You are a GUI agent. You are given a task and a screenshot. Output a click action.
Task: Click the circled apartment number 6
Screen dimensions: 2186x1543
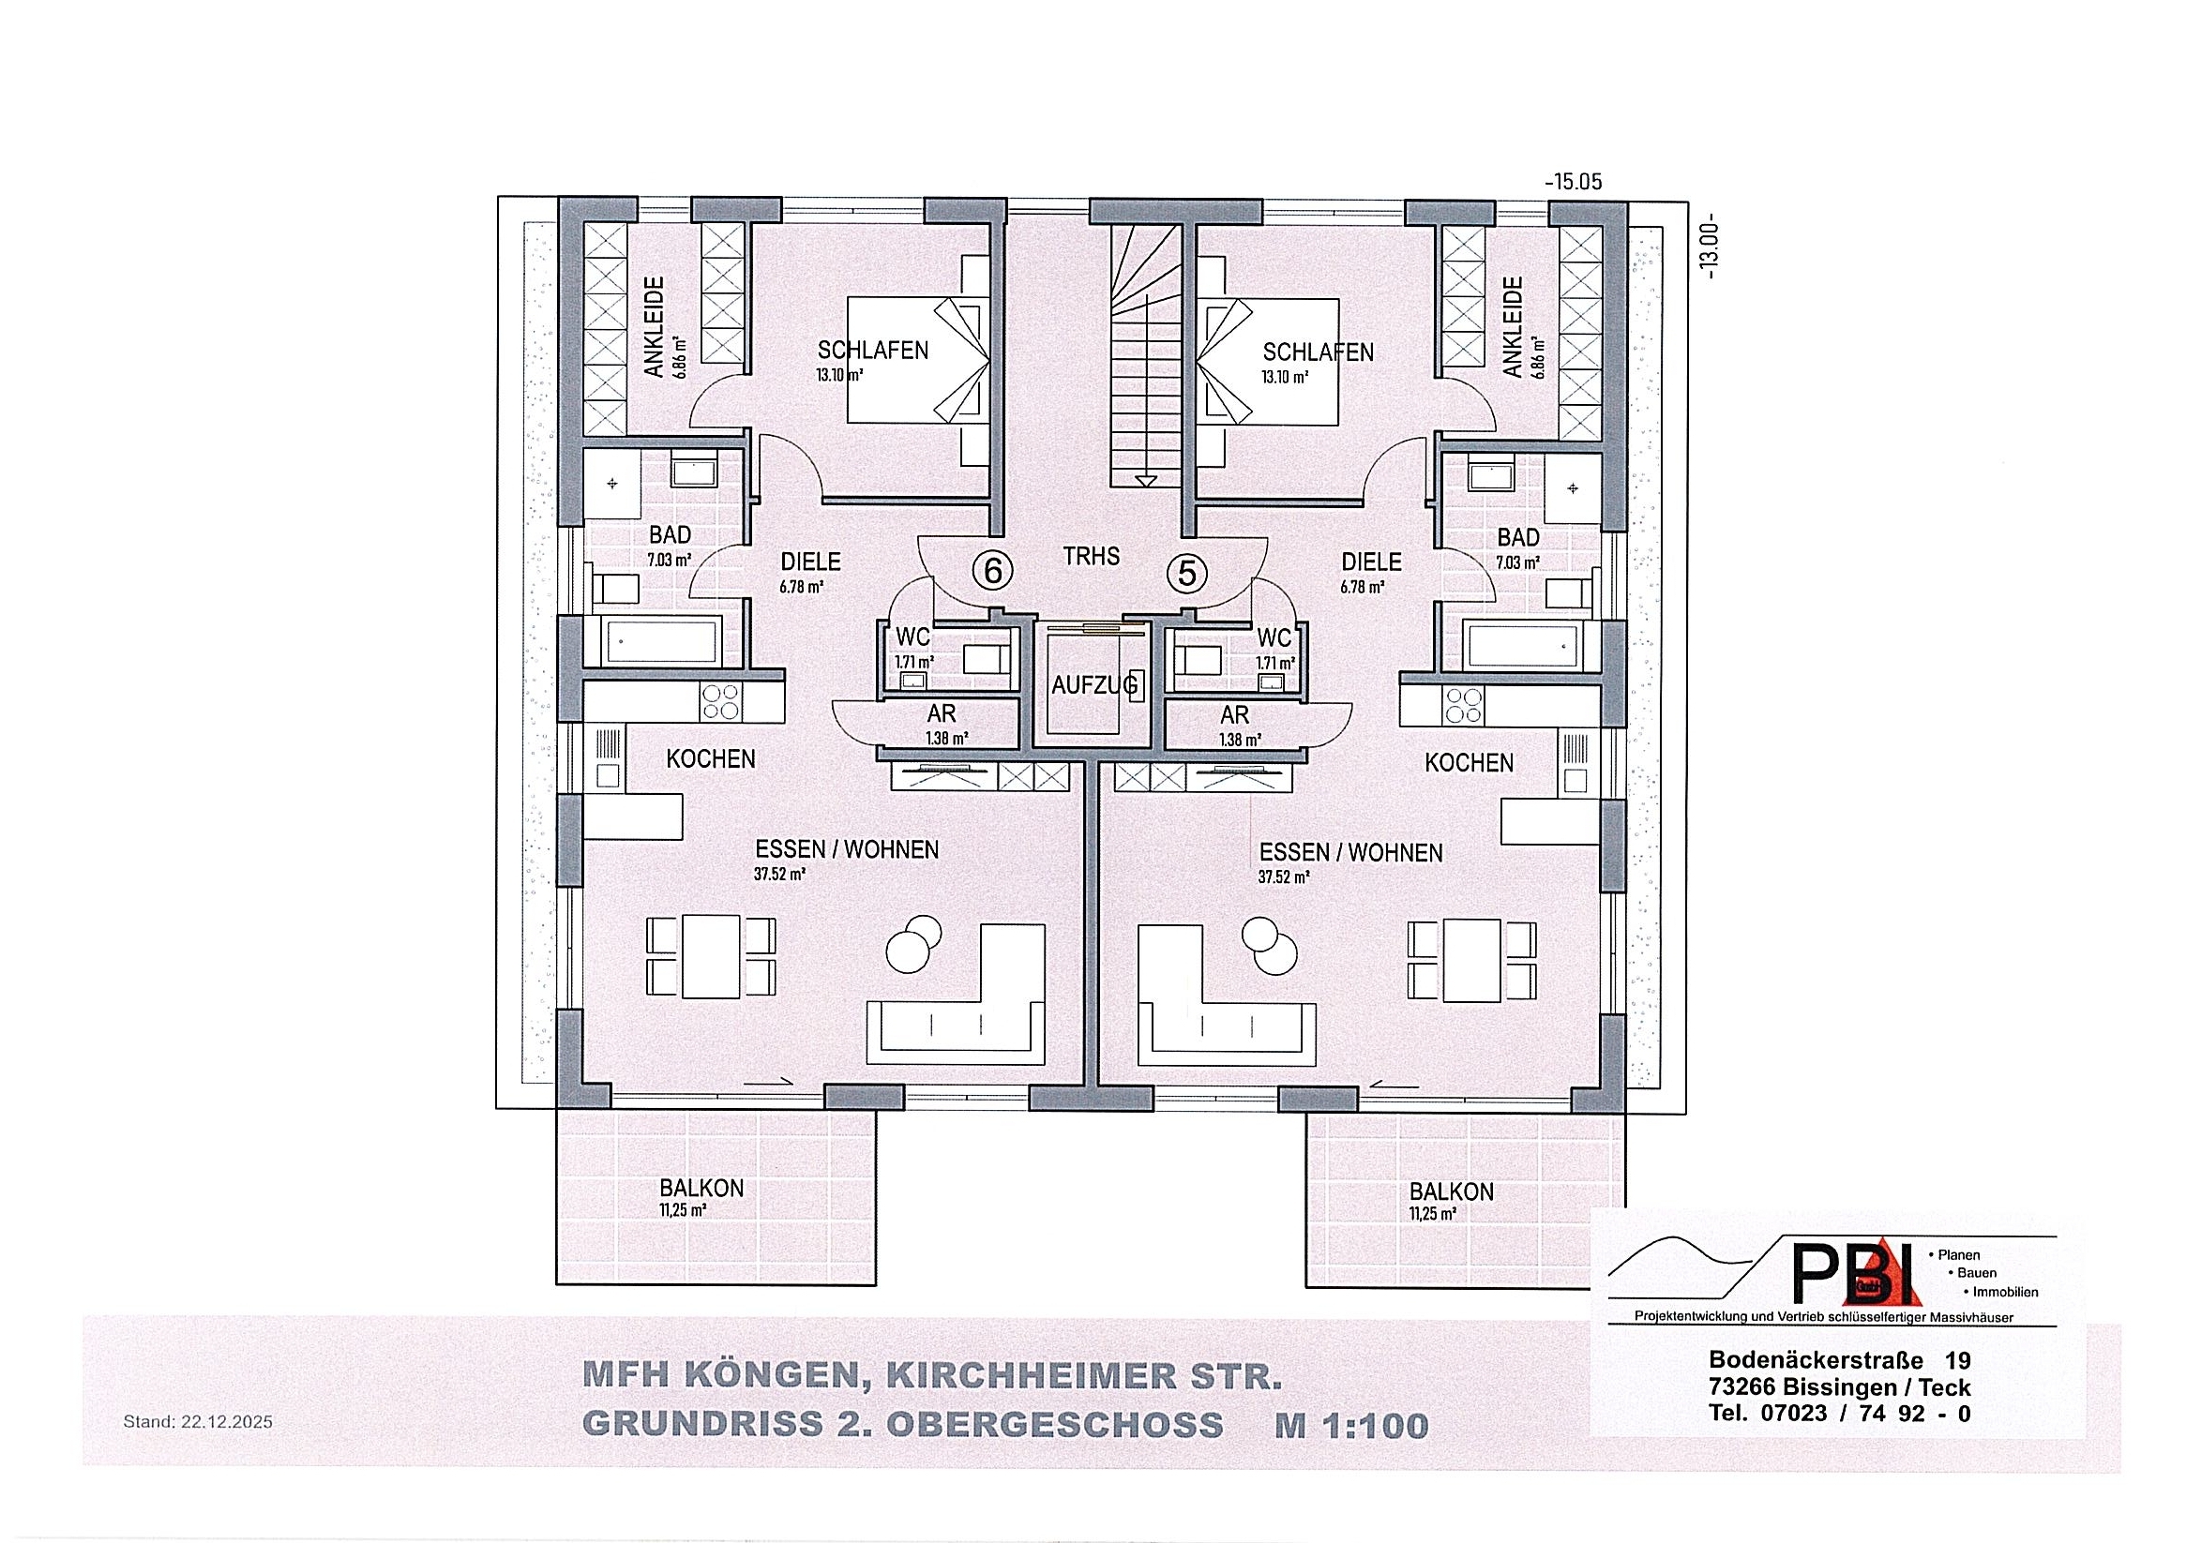[992, 572]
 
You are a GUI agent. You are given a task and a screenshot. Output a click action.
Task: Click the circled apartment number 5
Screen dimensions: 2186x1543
[1187, 573]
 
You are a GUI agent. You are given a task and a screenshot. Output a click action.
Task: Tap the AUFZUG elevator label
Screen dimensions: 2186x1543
[1095, 684]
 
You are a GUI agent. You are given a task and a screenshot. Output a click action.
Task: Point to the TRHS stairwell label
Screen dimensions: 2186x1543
[1091, 556]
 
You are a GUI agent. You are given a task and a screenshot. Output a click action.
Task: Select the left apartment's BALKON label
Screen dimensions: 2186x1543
[701, 1188]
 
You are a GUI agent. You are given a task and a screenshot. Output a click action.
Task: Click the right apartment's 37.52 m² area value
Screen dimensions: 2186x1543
[1284, 877]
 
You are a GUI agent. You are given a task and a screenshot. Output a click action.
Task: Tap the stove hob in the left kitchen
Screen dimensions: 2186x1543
[721, 702]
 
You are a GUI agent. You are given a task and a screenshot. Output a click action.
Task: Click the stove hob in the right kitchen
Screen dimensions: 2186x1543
[1463, 705]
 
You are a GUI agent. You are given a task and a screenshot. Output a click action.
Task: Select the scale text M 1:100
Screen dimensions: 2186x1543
[1352, 1426]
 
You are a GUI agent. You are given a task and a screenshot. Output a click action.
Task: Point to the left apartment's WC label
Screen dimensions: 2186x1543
[913, 636]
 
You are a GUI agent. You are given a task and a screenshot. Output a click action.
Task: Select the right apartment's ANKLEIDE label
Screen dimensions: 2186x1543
[1511, 327]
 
